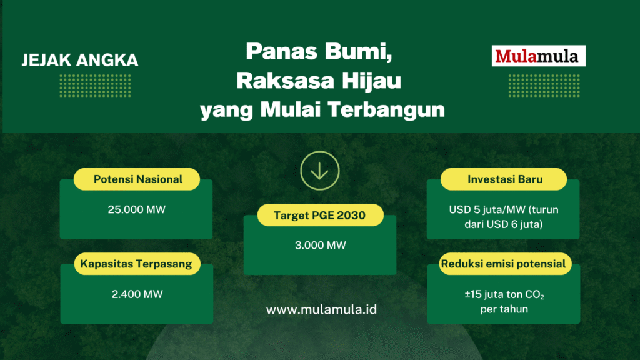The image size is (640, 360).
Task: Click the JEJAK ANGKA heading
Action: pos(80,61)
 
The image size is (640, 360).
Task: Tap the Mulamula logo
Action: pos(538,56)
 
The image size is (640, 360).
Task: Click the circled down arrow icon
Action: pos(319,171)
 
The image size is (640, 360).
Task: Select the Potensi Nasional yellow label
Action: pos(137,179)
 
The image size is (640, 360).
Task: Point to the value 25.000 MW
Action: pos(137,210)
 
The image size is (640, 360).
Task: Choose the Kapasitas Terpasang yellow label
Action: pos(137,264)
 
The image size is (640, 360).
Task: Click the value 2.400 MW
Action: pos(137,294)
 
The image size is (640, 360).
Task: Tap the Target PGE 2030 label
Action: pos(321,215)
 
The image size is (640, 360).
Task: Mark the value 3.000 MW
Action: pos(321,245)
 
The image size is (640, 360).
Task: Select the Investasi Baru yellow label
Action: pos(504,179)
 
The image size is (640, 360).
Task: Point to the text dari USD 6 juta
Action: pos(504,224)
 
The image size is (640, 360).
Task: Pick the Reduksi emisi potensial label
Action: pos(504,264)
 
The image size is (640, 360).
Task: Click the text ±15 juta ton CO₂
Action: pos(504,295)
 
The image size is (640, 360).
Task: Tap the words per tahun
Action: pos(504,309)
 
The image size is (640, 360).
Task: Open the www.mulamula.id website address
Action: pos(321,309)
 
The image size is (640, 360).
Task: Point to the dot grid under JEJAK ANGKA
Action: pos(95,86)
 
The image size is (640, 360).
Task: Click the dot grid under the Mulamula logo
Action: pos(544,86)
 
